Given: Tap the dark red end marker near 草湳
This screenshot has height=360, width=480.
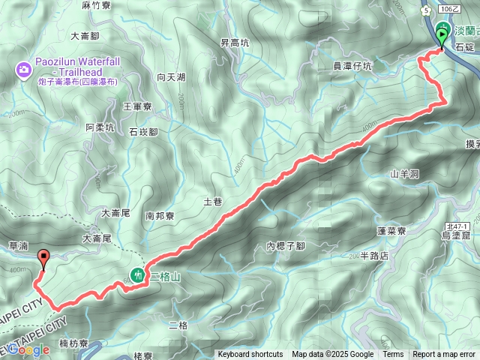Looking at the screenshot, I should [43, 259].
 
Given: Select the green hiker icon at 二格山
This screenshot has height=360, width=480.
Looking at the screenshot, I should [138, 275].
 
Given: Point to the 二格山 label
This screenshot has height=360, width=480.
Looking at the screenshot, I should [164, 277].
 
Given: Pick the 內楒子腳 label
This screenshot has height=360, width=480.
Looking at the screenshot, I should [286, 245].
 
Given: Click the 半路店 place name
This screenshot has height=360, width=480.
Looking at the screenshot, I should [374, 256].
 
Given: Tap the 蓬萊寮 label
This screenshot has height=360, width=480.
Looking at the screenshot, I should [391, 230].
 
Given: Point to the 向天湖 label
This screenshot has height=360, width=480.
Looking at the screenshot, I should [171, 77].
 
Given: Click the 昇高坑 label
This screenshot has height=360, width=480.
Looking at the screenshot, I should [235, 43].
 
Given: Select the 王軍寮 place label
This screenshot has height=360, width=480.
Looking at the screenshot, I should [137, 107].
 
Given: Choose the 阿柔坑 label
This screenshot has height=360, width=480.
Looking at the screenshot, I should [100, 127].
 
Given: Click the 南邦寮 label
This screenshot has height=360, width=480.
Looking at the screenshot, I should [160, 215].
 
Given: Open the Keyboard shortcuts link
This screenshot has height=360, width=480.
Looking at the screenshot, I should [250, 355].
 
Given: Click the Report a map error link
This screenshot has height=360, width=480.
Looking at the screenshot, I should [444, 355].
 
